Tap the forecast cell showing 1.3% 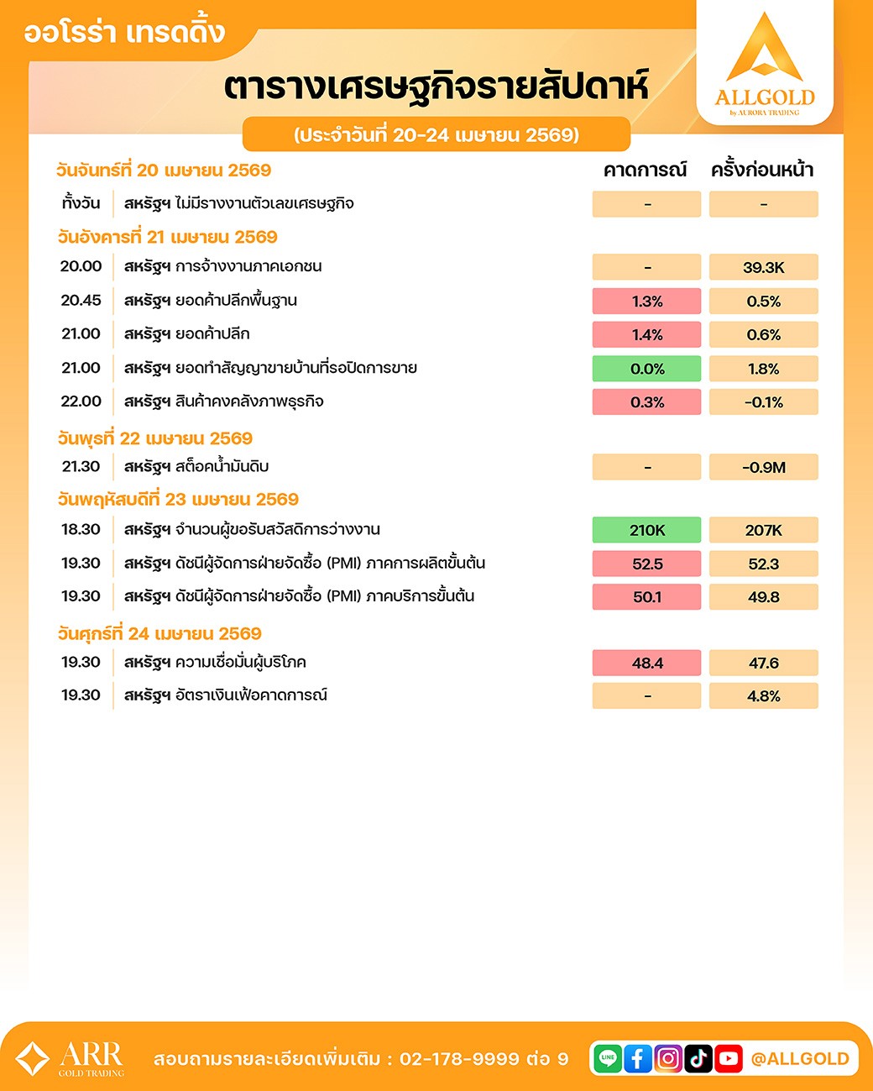pos(646,302)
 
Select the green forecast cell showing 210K pos(646,530)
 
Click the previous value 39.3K pos(763,268)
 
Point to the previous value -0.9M pos(763,468)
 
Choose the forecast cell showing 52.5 pos(646,564)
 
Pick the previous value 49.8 pos(763,597)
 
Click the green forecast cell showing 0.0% pos(646,369)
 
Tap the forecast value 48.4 pos(646,663)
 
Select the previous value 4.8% pos(763,696)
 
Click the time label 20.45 pos(81,301)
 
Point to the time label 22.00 pos(81,401)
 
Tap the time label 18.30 pos(81,530)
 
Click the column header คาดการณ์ pos(645,170)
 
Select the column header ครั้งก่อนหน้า pos(762,170)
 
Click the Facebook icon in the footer pos(638,1058)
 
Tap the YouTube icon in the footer pos(729,1058)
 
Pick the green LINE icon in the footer pos(608,1058)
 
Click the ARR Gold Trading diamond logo pos(33,1058)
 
